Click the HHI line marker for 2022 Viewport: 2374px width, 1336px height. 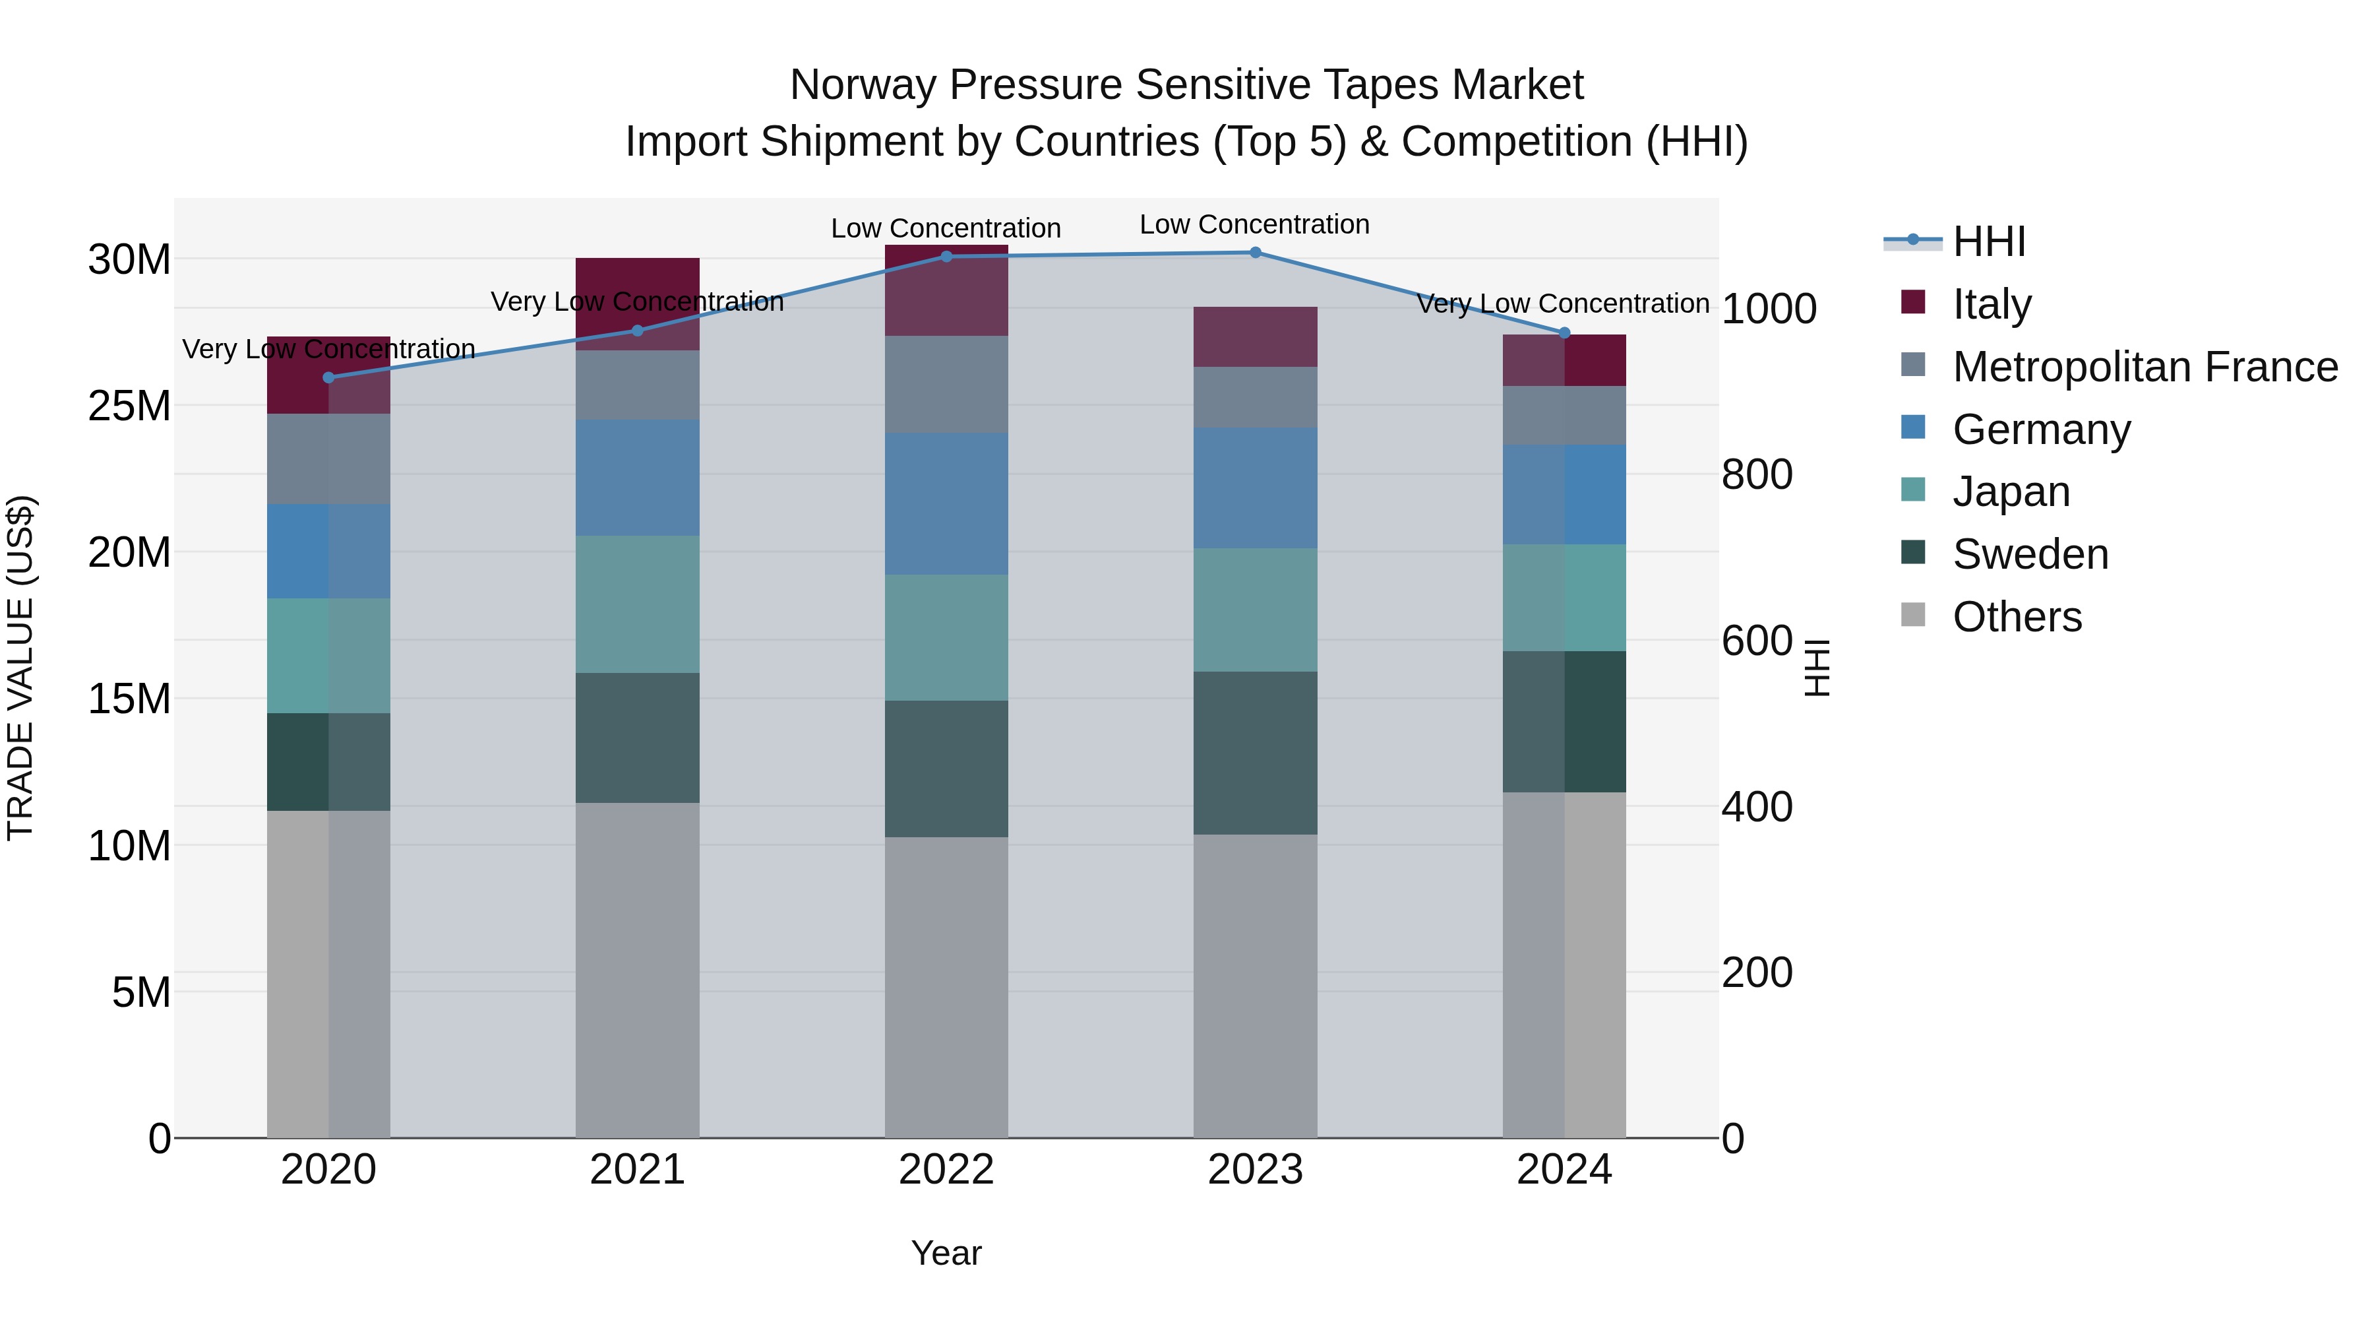point(946,257)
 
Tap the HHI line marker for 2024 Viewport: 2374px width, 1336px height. point(1564,333)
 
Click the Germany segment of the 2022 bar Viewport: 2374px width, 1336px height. point(946,503)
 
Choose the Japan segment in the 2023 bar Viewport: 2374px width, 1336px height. point(1255,610)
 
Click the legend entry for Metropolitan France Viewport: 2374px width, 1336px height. point(2145,367)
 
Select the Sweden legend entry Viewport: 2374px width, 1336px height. point(2030,554)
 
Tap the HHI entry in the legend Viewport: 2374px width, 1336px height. point(1989,241)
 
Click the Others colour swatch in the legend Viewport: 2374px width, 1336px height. point(1912,615)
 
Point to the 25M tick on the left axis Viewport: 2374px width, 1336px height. point(129,406)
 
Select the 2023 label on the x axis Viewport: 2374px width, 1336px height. point(1255,1170)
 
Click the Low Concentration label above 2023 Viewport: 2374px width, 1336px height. point(1254,224)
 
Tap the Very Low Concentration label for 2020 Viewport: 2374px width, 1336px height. point(328,350)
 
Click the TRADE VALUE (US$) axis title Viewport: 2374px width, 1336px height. point(20,668)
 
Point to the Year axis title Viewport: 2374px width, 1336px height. point(946,1253)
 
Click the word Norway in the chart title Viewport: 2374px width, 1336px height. point(863,85)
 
